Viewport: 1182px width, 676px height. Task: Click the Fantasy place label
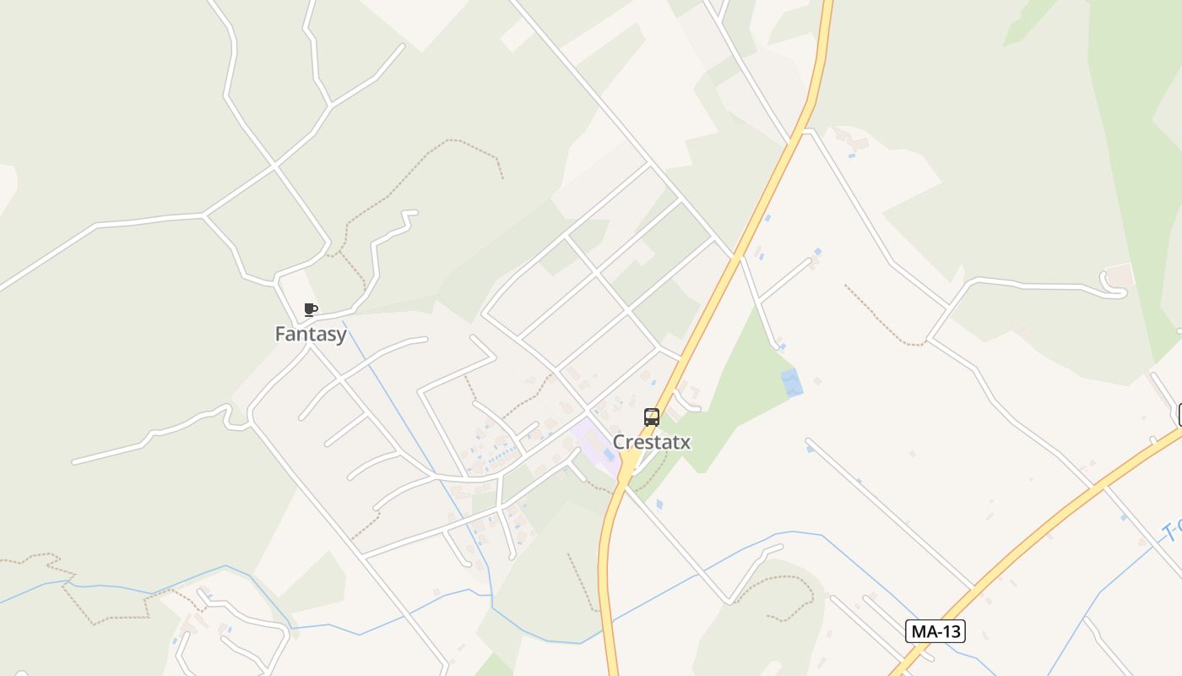click(x=311, y=335)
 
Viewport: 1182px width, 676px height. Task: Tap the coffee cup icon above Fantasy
click(x=311, y=309)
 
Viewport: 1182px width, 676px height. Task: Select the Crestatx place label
click(x=652, y=442)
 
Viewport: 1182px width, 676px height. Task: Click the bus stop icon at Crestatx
click(x=652, y=417)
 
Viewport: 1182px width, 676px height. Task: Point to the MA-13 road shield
click(x=935, y=630)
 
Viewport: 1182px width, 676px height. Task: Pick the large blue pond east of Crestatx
click(x=792, y=382)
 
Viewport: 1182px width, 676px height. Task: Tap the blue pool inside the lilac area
click(x=609, y=455)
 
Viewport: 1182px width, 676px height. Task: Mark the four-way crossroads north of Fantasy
click(x=274, y=166)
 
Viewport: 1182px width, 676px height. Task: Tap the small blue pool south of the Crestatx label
click(x=659, y=504)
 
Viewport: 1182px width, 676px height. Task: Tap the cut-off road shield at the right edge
click(x=1179, y=415)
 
